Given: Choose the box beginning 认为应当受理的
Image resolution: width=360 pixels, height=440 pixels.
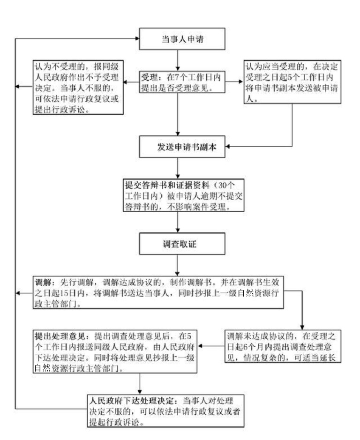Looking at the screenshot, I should pos(293,82).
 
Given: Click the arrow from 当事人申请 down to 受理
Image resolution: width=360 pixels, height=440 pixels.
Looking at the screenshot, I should pos(178,60).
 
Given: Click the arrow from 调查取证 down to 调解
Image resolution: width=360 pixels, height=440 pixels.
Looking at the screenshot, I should pos(178,266).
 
